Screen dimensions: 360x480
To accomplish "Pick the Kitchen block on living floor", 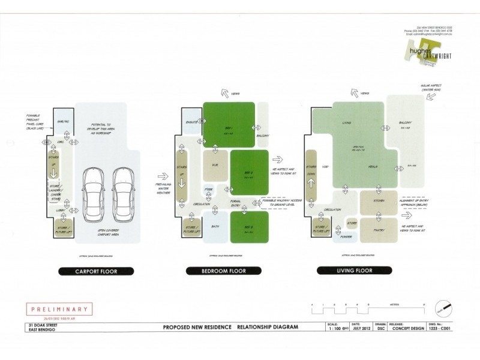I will (x=378, y=201).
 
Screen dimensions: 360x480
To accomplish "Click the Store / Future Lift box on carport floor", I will (x=62, y=229).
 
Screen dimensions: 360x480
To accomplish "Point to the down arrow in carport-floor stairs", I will (x=53, y=173).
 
